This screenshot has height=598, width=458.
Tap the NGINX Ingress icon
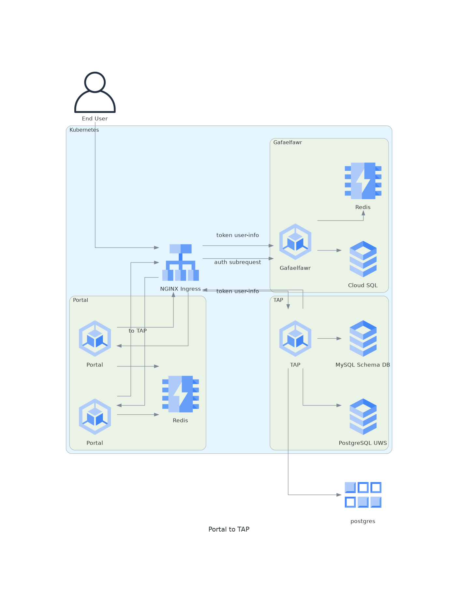click(180, 262)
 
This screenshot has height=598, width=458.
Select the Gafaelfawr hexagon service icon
click(295, 242)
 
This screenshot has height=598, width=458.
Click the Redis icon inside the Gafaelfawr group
click(363, 181)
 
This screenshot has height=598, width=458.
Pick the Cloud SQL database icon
click(363, 259)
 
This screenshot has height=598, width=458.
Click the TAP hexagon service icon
click(295, 338)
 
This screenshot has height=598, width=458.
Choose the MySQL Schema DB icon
click(363, 338)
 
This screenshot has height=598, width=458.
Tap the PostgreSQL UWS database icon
click(363, 417)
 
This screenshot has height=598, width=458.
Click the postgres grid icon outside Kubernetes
click(363, 495)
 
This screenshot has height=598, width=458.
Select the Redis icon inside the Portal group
click(180, 394)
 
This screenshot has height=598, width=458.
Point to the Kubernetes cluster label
click(84, 130)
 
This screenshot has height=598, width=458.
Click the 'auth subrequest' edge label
click(237, 262)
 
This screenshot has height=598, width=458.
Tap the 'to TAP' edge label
click(138, 331)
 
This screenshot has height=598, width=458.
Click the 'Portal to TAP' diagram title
click(229, 529)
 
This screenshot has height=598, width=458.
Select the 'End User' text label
click(95, 119)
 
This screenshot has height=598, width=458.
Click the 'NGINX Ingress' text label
click(180, 289)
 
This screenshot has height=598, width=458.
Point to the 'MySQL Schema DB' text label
click(362, 365)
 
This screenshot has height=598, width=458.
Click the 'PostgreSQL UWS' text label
click(362, 443)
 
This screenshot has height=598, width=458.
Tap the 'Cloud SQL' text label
click(362, 285)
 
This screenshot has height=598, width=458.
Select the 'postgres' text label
click(362, 521)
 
